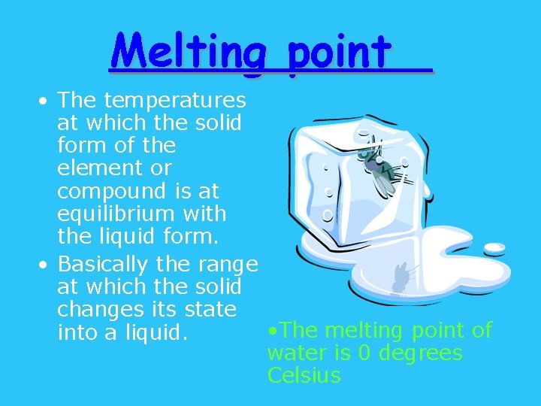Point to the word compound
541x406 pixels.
[x=110, y=191]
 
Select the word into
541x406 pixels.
[x=76, y=332]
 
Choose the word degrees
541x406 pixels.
[x=420, y=353]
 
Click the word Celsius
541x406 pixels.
[x=304, y=375]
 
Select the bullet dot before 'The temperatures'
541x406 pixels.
[x=45, y=101]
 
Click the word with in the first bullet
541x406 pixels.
[x=203, y=214]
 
